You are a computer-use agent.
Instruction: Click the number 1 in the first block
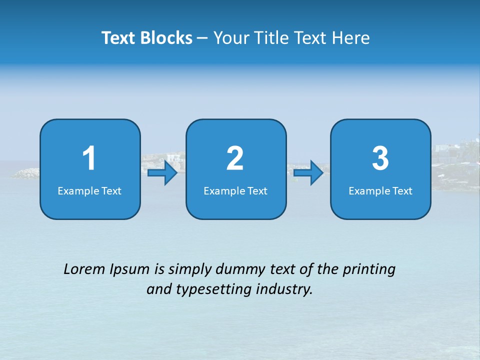[x=89, y=158]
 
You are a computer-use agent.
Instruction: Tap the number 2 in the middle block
[x=235, y=158]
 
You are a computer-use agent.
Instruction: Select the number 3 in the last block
[x=380, y=158]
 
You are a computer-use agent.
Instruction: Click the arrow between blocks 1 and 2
[x=163, y=173]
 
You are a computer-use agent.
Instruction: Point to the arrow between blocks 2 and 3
[x=308, y=173]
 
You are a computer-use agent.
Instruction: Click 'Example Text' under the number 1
[x=89, y=190]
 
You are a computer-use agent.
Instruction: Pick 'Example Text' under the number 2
[x=235, y=190]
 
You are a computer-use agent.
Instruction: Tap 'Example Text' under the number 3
[x=380, y=190]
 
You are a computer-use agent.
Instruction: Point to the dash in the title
[x=203, y=38]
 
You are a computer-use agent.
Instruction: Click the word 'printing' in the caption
[x=369, y=270]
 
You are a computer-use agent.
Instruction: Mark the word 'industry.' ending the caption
[x=284, y=289]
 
